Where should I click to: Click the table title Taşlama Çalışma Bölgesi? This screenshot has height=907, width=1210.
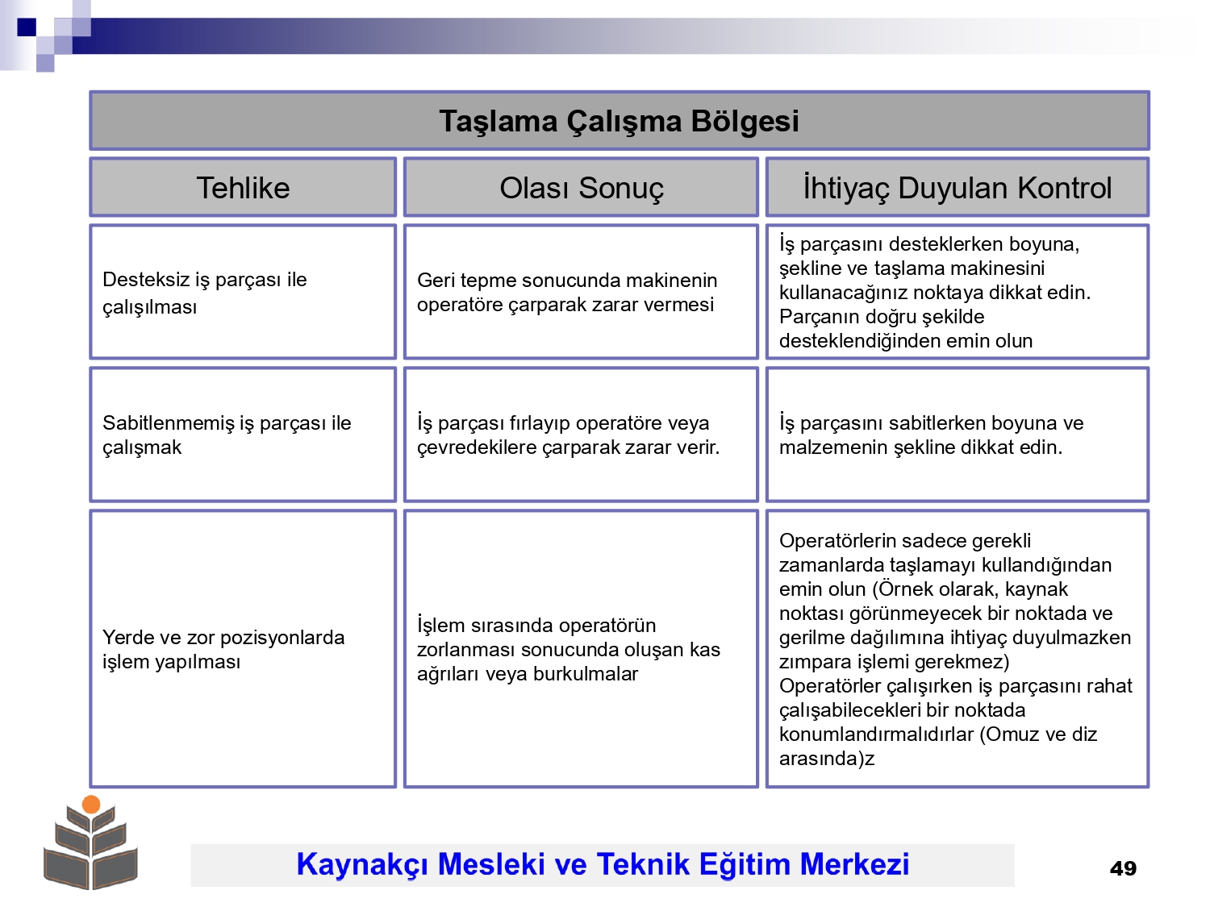point(619,121)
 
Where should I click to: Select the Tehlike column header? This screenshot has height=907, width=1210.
point(243,187)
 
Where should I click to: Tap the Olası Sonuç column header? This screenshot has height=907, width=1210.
point(581,187)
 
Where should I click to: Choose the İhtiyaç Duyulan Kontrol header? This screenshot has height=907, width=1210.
point(958,187)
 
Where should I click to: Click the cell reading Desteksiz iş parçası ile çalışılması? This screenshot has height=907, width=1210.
point(243,292)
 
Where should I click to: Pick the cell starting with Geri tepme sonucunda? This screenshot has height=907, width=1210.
point(581,292)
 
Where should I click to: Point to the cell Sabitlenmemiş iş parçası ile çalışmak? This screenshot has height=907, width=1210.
point(243,435)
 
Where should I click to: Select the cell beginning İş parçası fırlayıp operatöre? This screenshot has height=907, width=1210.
point(581,435)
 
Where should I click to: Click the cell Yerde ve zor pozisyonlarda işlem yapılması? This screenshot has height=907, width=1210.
point(243,648)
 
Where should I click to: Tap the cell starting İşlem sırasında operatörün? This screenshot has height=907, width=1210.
point(581,648)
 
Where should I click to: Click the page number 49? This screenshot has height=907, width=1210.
point(1123,868)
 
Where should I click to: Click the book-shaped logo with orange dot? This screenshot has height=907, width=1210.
point(91,843)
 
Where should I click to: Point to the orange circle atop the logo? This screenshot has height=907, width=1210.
point(91,805)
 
